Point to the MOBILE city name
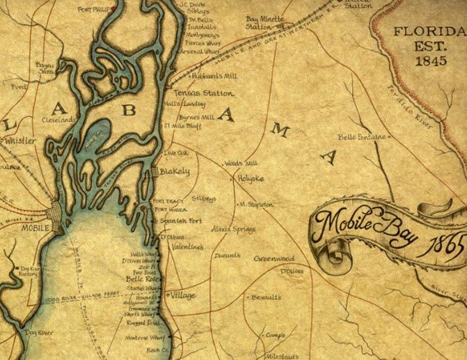click(x=34, y=228)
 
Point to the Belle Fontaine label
click(x=361, y=137)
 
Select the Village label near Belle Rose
click(x=183, y=295)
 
